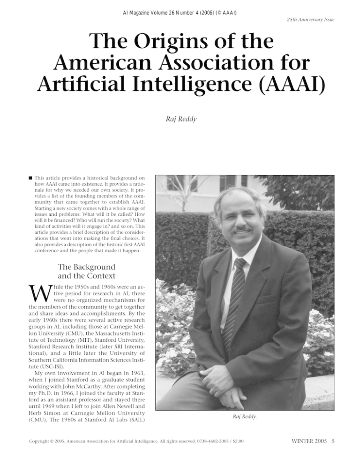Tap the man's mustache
(244, 229)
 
